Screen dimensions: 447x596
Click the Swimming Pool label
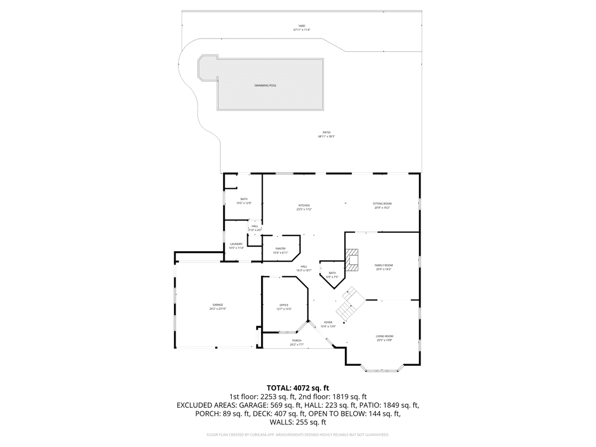265,86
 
